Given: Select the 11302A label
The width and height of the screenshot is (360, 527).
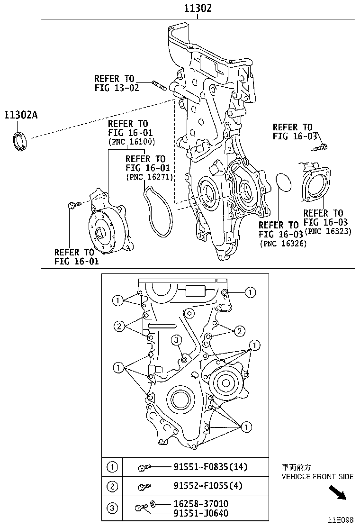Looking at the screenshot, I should (x=20, y=115).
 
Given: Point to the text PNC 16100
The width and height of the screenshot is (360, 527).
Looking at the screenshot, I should (x=131, y=142).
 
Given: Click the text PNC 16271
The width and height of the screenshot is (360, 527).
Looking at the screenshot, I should (x=149, y=177).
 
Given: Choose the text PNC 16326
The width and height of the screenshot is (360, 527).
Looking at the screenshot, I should (x=283, y=244).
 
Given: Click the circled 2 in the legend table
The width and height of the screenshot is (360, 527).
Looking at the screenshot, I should (x=112, y=486).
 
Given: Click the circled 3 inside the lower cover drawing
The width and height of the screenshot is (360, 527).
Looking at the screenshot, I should (x=176, y=339).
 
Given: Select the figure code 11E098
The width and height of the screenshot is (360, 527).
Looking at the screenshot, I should (x=341, y=520).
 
